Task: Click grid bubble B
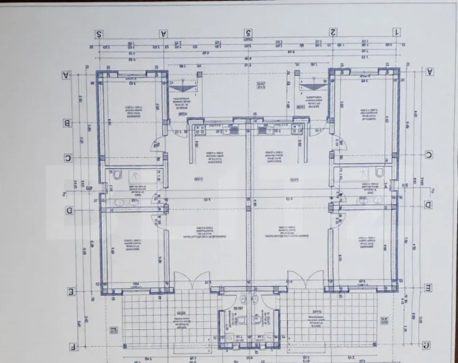[68, 123]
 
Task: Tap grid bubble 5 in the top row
[248, 33]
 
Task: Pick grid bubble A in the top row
[164, 33]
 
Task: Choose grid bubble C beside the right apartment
[429, 155]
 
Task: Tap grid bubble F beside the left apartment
[72, 347]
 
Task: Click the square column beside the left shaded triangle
[199, 74]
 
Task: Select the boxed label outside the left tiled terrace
[113, 330]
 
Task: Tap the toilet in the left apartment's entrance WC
[241, 320]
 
